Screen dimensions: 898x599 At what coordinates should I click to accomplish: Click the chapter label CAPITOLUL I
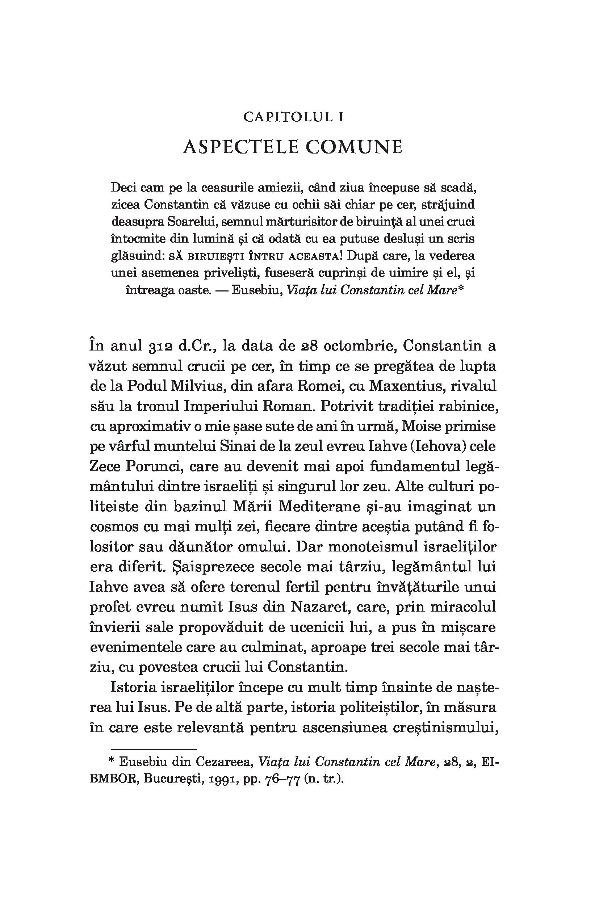[293, 117]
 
